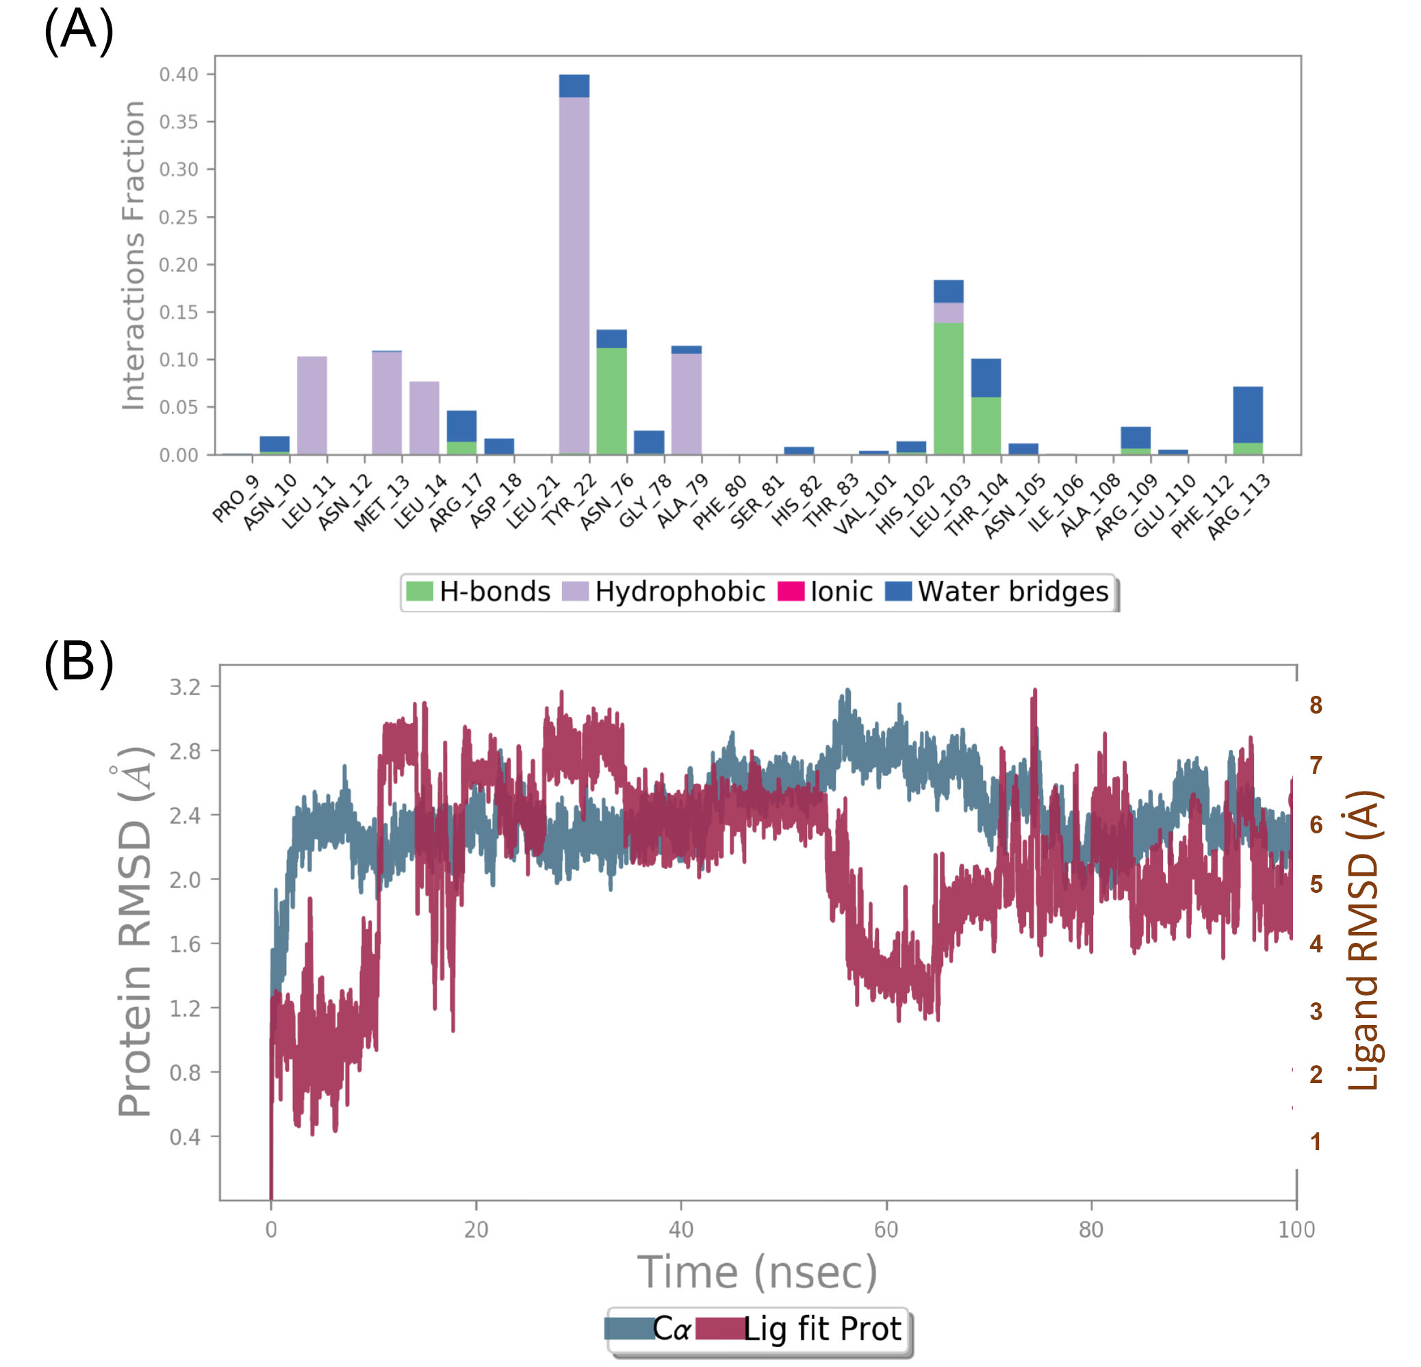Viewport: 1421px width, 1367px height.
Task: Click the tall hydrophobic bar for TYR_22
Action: (574, 276)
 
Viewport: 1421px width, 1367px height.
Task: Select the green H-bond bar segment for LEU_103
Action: (948, 388)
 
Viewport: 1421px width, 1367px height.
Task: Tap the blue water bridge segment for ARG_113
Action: (1248, 415)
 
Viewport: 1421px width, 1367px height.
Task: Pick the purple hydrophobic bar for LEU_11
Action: (311, 405)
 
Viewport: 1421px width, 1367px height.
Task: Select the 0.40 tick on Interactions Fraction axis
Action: (179, 75)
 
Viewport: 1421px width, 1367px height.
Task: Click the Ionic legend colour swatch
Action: (791, 591)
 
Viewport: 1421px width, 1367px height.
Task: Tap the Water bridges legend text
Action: (1013, 591)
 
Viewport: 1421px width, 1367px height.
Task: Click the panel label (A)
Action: (78, 30)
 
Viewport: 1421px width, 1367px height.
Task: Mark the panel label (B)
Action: (78, 662)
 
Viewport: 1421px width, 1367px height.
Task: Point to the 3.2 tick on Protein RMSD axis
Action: (185, 686)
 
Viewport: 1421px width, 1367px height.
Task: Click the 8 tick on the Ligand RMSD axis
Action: (1315, 705)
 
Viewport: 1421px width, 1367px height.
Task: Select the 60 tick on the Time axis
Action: (886, 1229)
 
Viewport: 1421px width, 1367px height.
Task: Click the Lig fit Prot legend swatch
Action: (719, 1329)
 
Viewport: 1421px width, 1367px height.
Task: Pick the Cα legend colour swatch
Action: (629, 1329)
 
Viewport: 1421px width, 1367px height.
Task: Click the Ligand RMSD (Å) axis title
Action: (1362, 939)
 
